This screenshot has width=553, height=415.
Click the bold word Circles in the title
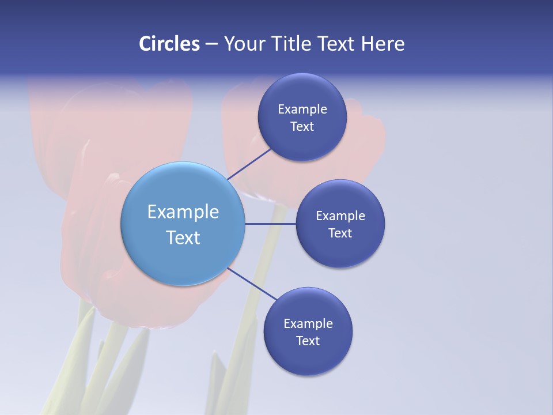pyautogui.click(x=169, y=44)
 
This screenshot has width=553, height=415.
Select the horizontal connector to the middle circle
pyautogui.click(x=270, y=224)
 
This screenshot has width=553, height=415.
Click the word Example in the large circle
pyautogui.click(x=183, y=212)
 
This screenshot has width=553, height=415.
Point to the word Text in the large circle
pyautogui.click(x=183, y=237)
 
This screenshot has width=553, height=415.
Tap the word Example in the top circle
pyautogui.click(x=302, y=110)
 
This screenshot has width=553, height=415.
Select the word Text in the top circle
pyautogui.click(x=302, y=127)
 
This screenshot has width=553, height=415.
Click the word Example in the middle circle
pyautogui.click(x=340, y=216)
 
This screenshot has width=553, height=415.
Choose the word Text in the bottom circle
pyautogui.click(x=308, y=341)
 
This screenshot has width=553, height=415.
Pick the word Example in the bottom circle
pyautogui.click(x=308, y=323)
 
